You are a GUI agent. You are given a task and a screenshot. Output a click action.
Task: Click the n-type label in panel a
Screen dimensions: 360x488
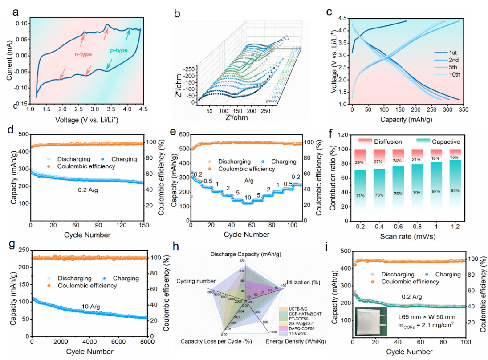[83, 54]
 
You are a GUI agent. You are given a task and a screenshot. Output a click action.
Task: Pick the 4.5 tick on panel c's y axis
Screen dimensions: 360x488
[343, 19]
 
